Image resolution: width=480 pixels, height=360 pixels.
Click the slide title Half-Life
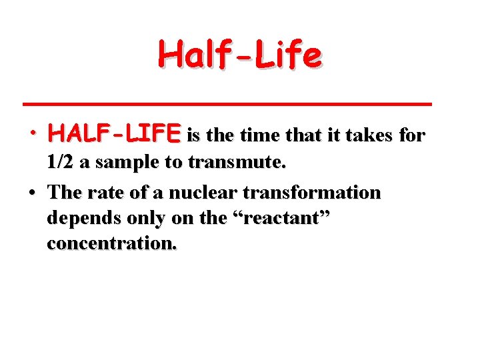pyautogui.click(x=240, y=55)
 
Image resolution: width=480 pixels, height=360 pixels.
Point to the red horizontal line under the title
pyautogui.click(x=227, y=104)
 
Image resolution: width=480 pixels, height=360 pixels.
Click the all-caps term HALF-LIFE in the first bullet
pyautogui.click(x=114, y=135)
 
